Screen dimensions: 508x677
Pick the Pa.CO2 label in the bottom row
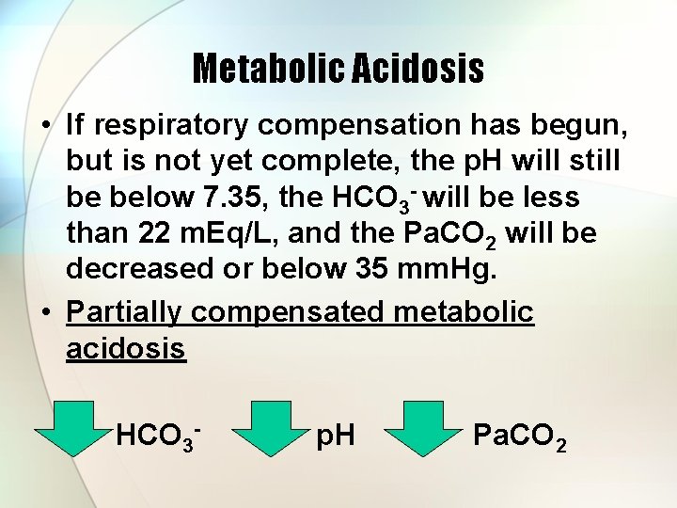[x=520, y=436]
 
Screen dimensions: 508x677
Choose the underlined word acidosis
[x=126, y=348]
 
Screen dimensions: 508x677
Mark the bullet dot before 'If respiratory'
[x=44, y=125]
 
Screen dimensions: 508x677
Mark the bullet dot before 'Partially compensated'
[x=44, y=312]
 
